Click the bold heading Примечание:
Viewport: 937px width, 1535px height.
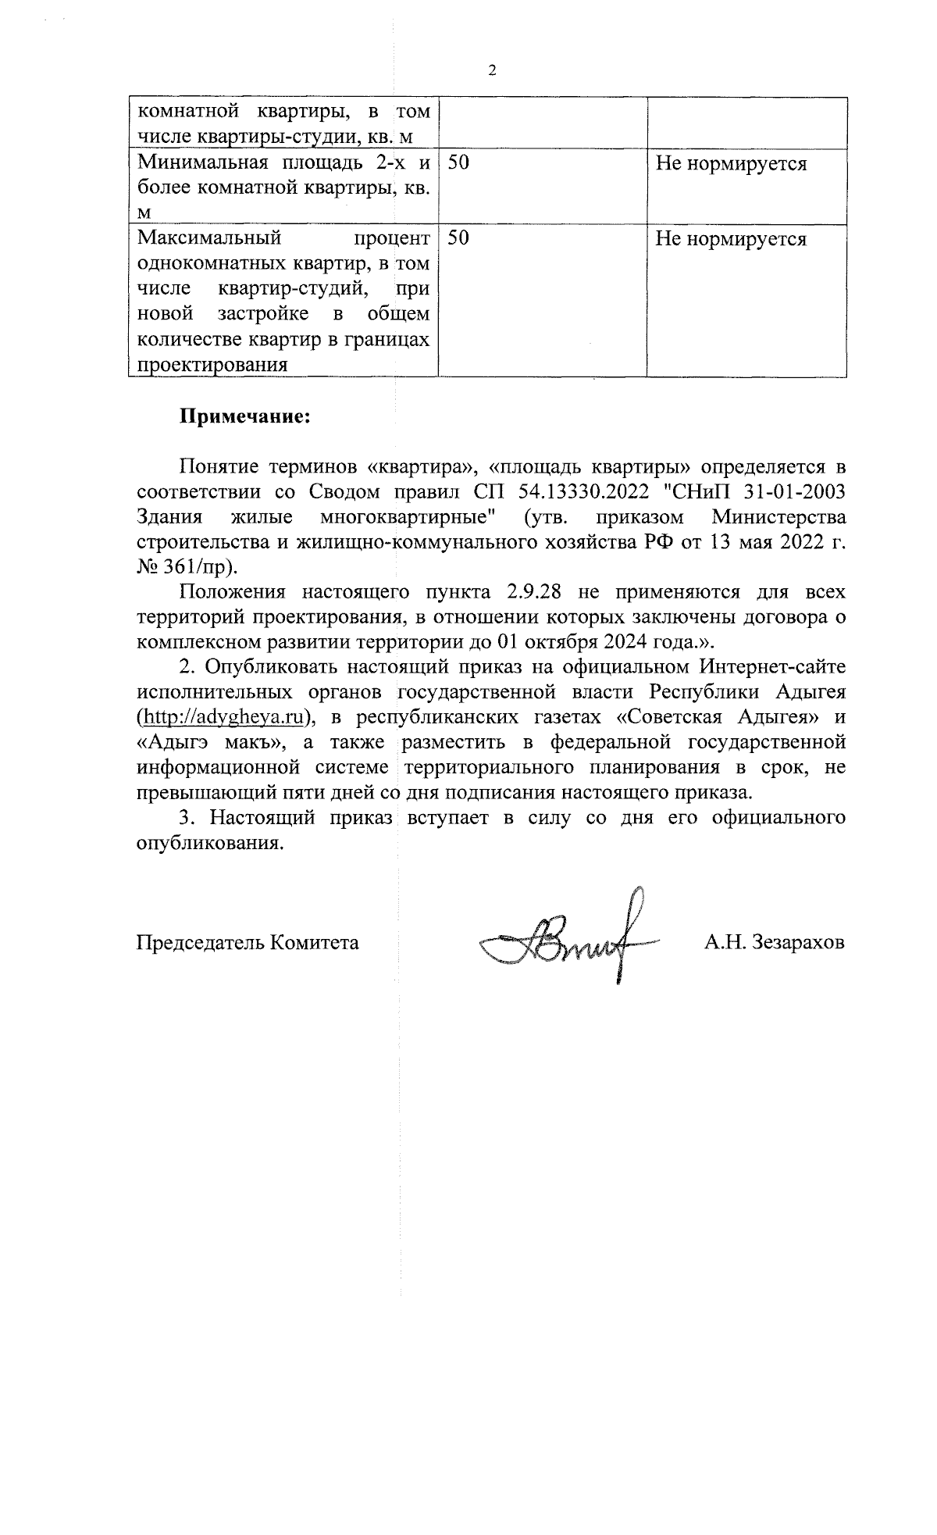click(x=246, y=416)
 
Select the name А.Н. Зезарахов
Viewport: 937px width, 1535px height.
click(x=774, y=942)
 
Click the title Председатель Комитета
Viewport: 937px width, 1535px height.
click(x=248, y=942)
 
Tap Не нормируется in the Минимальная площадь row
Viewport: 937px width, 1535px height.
click(x=730, y=163)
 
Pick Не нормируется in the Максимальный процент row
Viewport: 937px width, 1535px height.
click(x=730, y=239)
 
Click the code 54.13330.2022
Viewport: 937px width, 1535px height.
click(x=584, y=492)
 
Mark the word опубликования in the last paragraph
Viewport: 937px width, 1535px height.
click(x=208, y=844)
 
